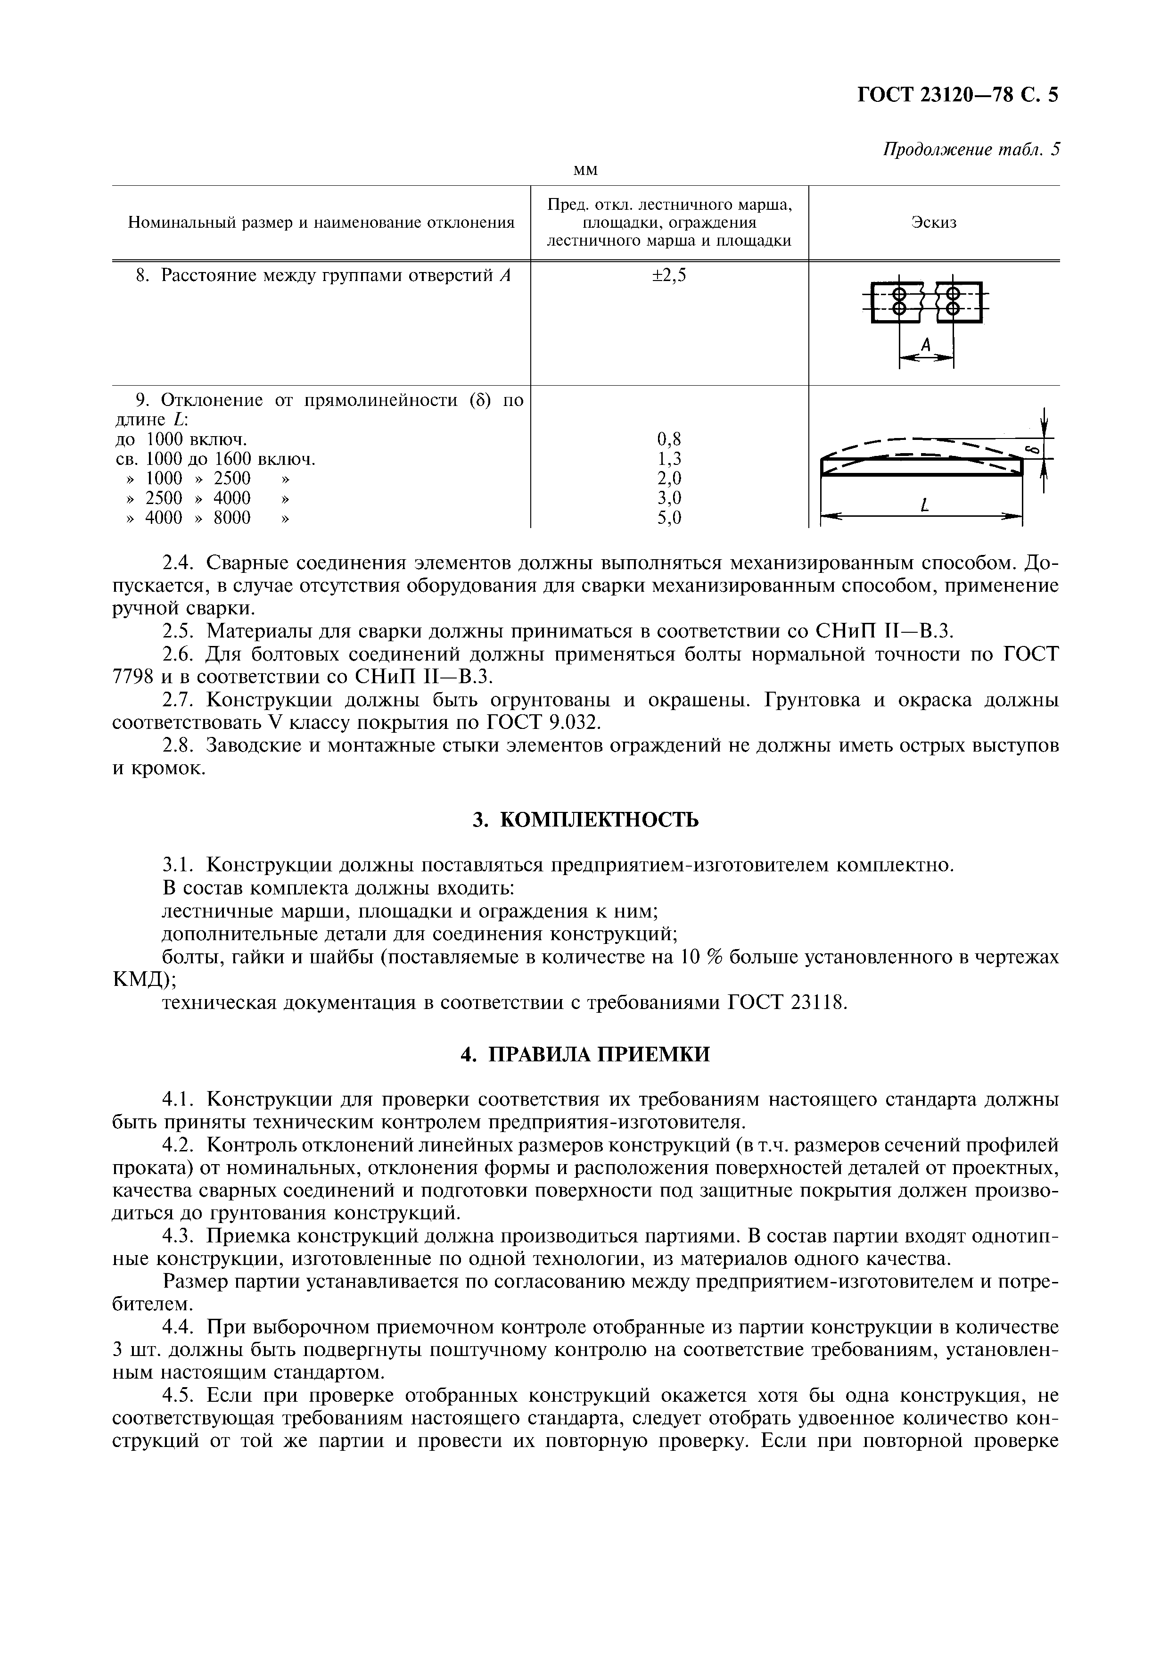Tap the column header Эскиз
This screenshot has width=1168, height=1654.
coord(934,223)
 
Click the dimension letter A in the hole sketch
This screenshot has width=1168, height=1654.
coord(926,346)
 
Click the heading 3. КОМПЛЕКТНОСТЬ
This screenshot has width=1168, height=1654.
coord(585,820)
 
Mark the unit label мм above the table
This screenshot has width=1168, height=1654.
coord(585,170)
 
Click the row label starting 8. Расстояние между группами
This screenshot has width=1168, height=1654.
coord(322,275)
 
